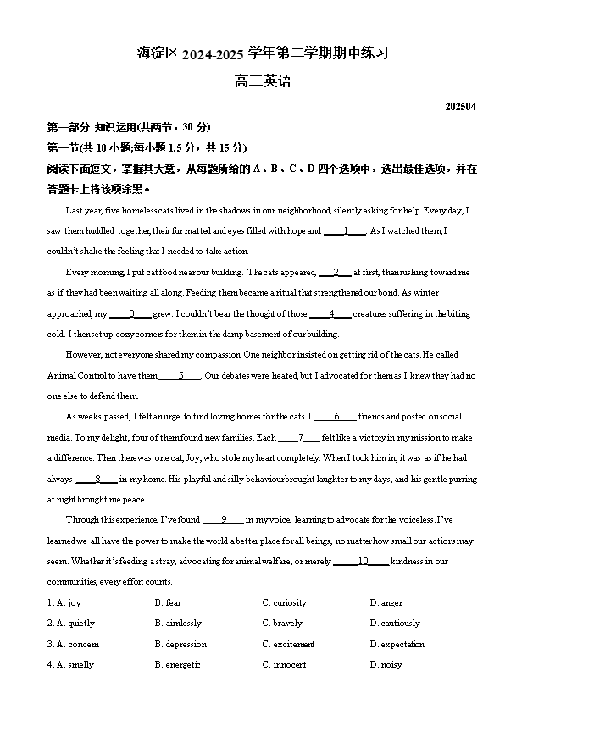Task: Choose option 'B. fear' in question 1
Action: pyautogui.click(x=168, y=603)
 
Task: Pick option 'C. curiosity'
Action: pyautogui.click(x=284, y=603)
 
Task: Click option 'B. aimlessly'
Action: pyautogui.click(x=178, y=624)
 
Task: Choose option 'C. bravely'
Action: pyautogui.click(x=282, y=624)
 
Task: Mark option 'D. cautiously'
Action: pyautogui.click(x=395, y=624)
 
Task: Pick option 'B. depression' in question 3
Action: pyautogui.click(x=180, y=645)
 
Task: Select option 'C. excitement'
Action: pyautogui.click(x=288, y=645)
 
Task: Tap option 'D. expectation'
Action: pyautogui.click(x=397, y=645)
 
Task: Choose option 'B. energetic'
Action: pyautogui.click(x=177, y=665)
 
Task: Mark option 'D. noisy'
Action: pyautogui.click(x=386, y=665)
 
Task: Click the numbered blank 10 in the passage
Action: pyautogui.click(x=362, y=562)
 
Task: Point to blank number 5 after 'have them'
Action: pyautogui.click(x=180, y=376)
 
